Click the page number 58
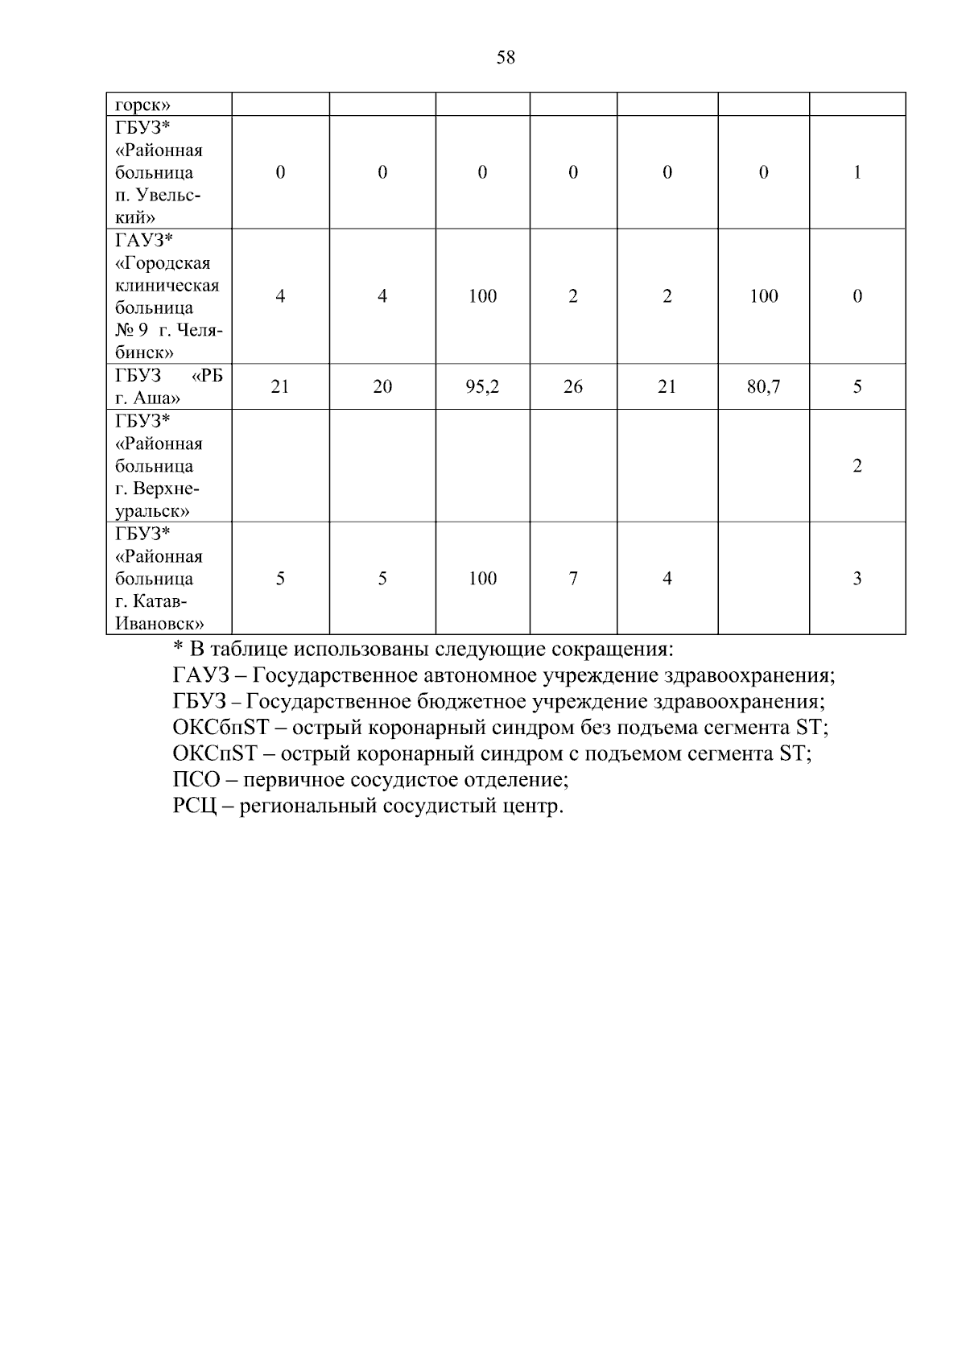click(x=506, y=57)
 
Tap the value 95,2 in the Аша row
click(x=482, y=387)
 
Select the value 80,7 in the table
click(x=763, y=387)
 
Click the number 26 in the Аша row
click(x=572, y=387)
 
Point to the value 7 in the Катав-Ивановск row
click(x=572, y=579)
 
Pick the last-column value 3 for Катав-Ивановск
click(x=857, y=579)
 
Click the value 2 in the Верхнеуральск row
click(x=857, y=466)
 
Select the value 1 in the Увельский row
click(x=857, y=172)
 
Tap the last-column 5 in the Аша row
click(x=857, y=387)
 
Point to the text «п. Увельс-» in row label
click(x=158, y=196)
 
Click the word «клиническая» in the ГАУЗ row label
click(x=167, y=286)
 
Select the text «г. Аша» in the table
click(x=147, y=398)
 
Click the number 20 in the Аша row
click(x=382, y=387)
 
